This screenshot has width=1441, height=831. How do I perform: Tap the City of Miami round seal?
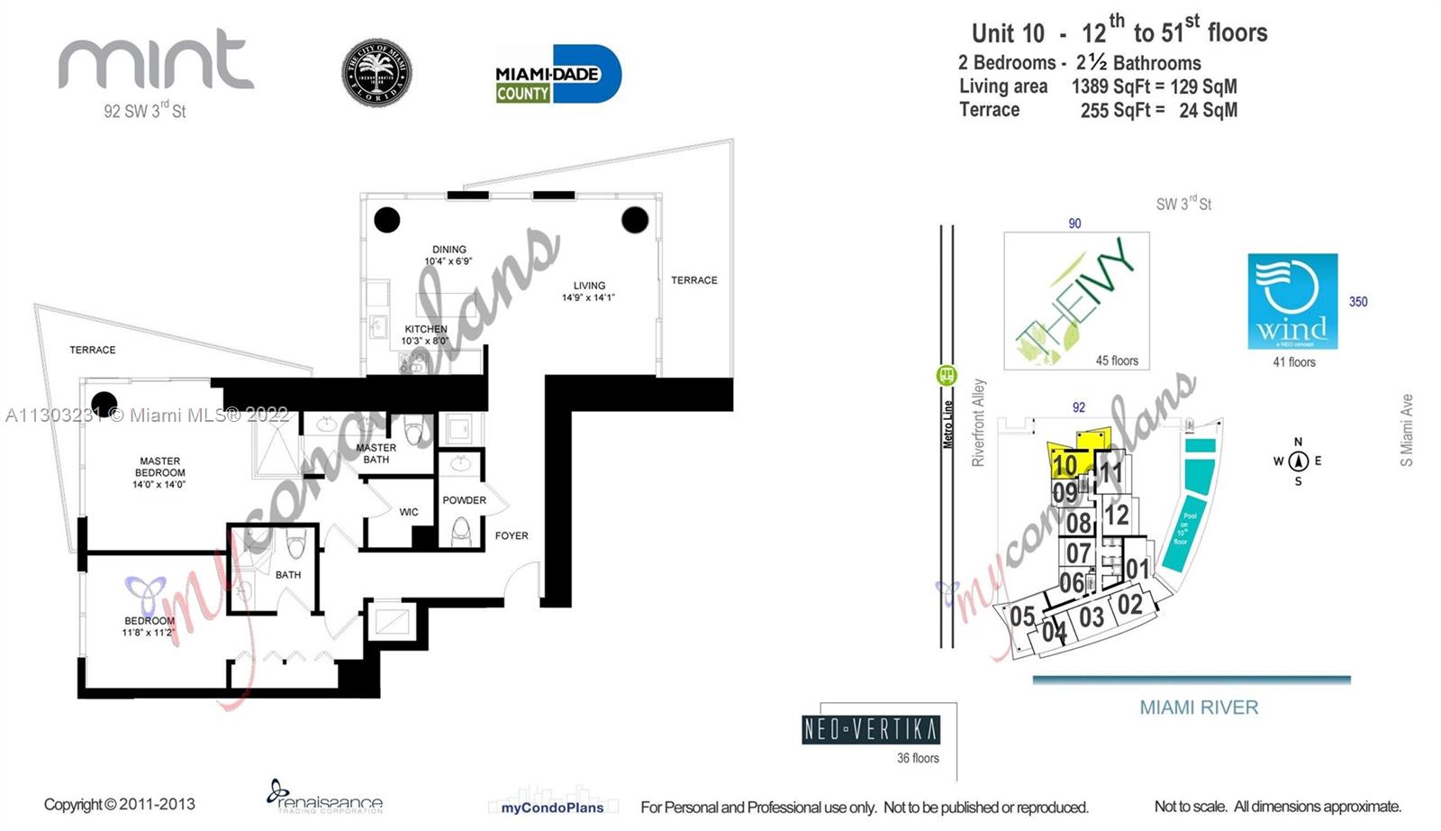pyautogui.click(x=376, y=74)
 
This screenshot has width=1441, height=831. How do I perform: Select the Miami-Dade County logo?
pyautogui.click(x=558, y=74)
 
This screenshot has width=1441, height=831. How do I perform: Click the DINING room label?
pyautogui.click(x=449, y=250)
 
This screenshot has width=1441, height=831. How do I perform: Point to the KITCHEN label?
pyautogui.click(x=425, y=329)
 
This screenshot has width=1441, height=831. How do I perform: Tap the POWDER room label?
pyautogui.click(x=464, y=500)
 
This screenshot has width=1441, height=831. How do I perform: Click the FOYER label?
pyautogui.click(x=512, y=535)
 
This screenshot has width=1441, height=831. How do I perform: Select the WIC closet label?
pyautogui.click(x=409, y=512)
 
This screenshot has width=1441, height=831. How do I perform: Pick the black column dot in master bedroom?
pyautogui.click(x=104, y=404)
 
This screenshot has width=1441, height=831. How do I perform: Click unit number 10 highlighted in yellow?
pyautogui.click(x=1065, y=465)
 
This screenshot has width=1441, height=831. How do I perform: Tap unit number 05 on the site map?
pyautogui.click(x=1022, y=616)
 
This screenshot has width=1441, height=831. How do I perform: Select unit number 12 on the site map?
pyautogui.click(x=1116, y=515)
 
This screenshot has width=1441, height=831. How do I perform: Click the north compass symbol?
pyautogui.click(x=1298, y=461)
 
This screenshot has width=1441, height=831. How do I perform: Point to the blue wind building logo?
pyautogui.click(x=1292, y=301)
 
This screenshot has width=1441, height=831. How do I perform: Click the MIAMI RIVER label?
pyautogui.click(x=1199, y=708)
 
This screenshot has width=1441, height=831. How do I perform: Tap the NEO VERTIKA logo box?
pyautogui.click(x=870, y=729)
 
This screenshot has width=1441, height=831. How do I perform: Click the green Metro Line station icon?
pyautogui.click(x=947, y=375)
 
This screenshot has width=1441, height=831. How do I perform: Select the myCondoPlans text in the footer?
pyautogui.click(x=552, y=808)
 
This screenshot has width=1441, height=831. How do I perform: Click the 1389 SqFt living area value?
pyautogui.click(x=1112, y=87)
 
